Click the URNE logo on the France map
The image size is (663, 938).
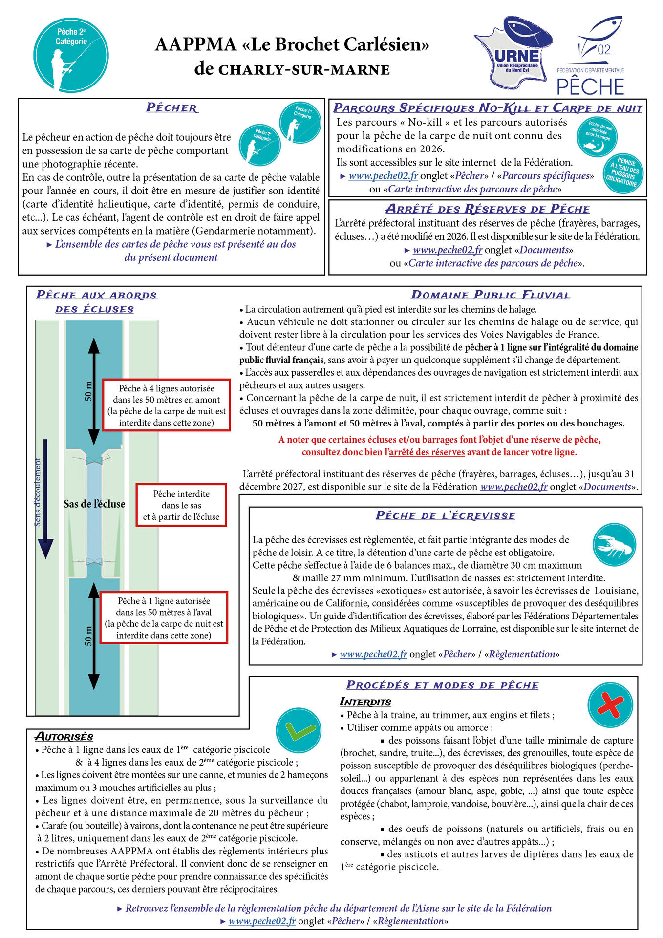click(x=514, y=54)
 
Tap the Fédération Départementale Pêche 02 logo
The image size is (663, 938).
click(x=591, y=56)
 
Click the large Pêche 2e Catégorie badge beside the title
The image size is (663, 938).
click(x=71, y=54)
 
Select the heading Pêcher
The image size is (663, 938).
click(x=171, y=108)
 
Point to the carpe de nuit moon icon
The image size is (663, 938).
click(x=597, y=137)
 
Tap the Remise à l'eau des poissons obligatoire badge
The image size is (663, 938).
click(x=624, y=173)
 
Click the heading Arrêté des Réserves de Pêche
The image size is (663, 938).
click(x=488, y=209)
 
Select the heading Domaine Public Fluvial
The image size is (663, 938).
click(x=490, y=295)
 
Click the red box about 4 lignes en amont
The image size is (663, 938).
click(x=166, y=405)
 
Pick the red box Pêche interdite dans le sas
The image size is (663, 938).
click(x=181, y=505)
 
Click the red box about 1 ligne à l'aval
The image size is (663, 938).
click(x=164, y=618)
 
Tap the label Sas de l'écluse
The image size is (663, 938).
click(x=94, y=504)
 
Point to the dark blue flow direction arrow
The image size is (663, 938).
click(x=45, y=498)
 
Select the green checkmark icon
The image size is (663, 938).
click(x=296, y=730)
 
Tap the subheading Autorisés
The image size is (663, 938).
click(x=64, y=737)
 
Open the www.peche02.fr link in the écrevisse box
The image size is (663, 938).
click(x=373, y=654)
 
